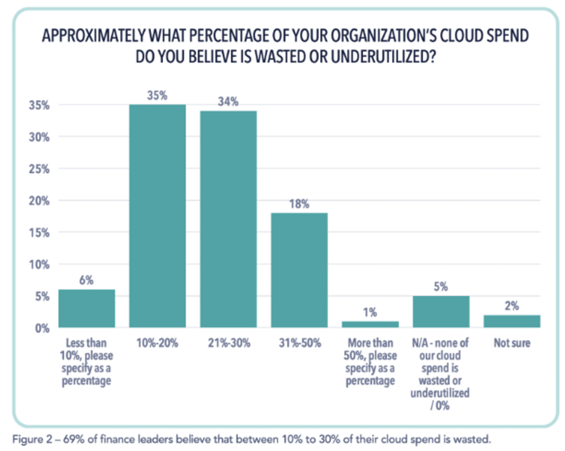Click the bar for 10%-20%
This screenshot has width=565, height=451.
(158, 216)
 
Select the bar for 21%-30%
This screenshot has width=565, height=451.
(228, 219)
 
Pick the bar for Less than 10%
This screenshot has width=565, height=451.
(87, 308)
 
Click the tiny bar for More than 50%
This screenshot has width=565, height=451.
(370, 324)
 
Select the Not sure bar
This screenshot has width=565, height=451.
(512, 321)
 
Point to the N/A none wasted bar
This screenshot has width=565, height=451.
(441, 312)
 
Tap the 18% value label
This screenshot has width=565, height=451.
(299, 204)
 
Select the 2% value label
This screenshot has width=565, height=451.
(512, 306)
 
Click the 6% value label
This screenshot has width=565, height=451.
(87, 280)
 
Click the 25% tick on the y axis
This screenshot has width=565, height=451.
(39, 169)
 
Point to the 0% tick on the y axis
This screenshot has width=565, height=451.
(42, 329)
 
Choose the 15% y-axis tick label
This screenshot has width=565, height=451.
(39, 233)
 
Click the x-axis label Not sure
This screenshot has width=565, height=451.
(512, 343)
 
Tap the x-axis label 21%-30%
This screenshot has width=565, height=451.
(229, 343)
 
